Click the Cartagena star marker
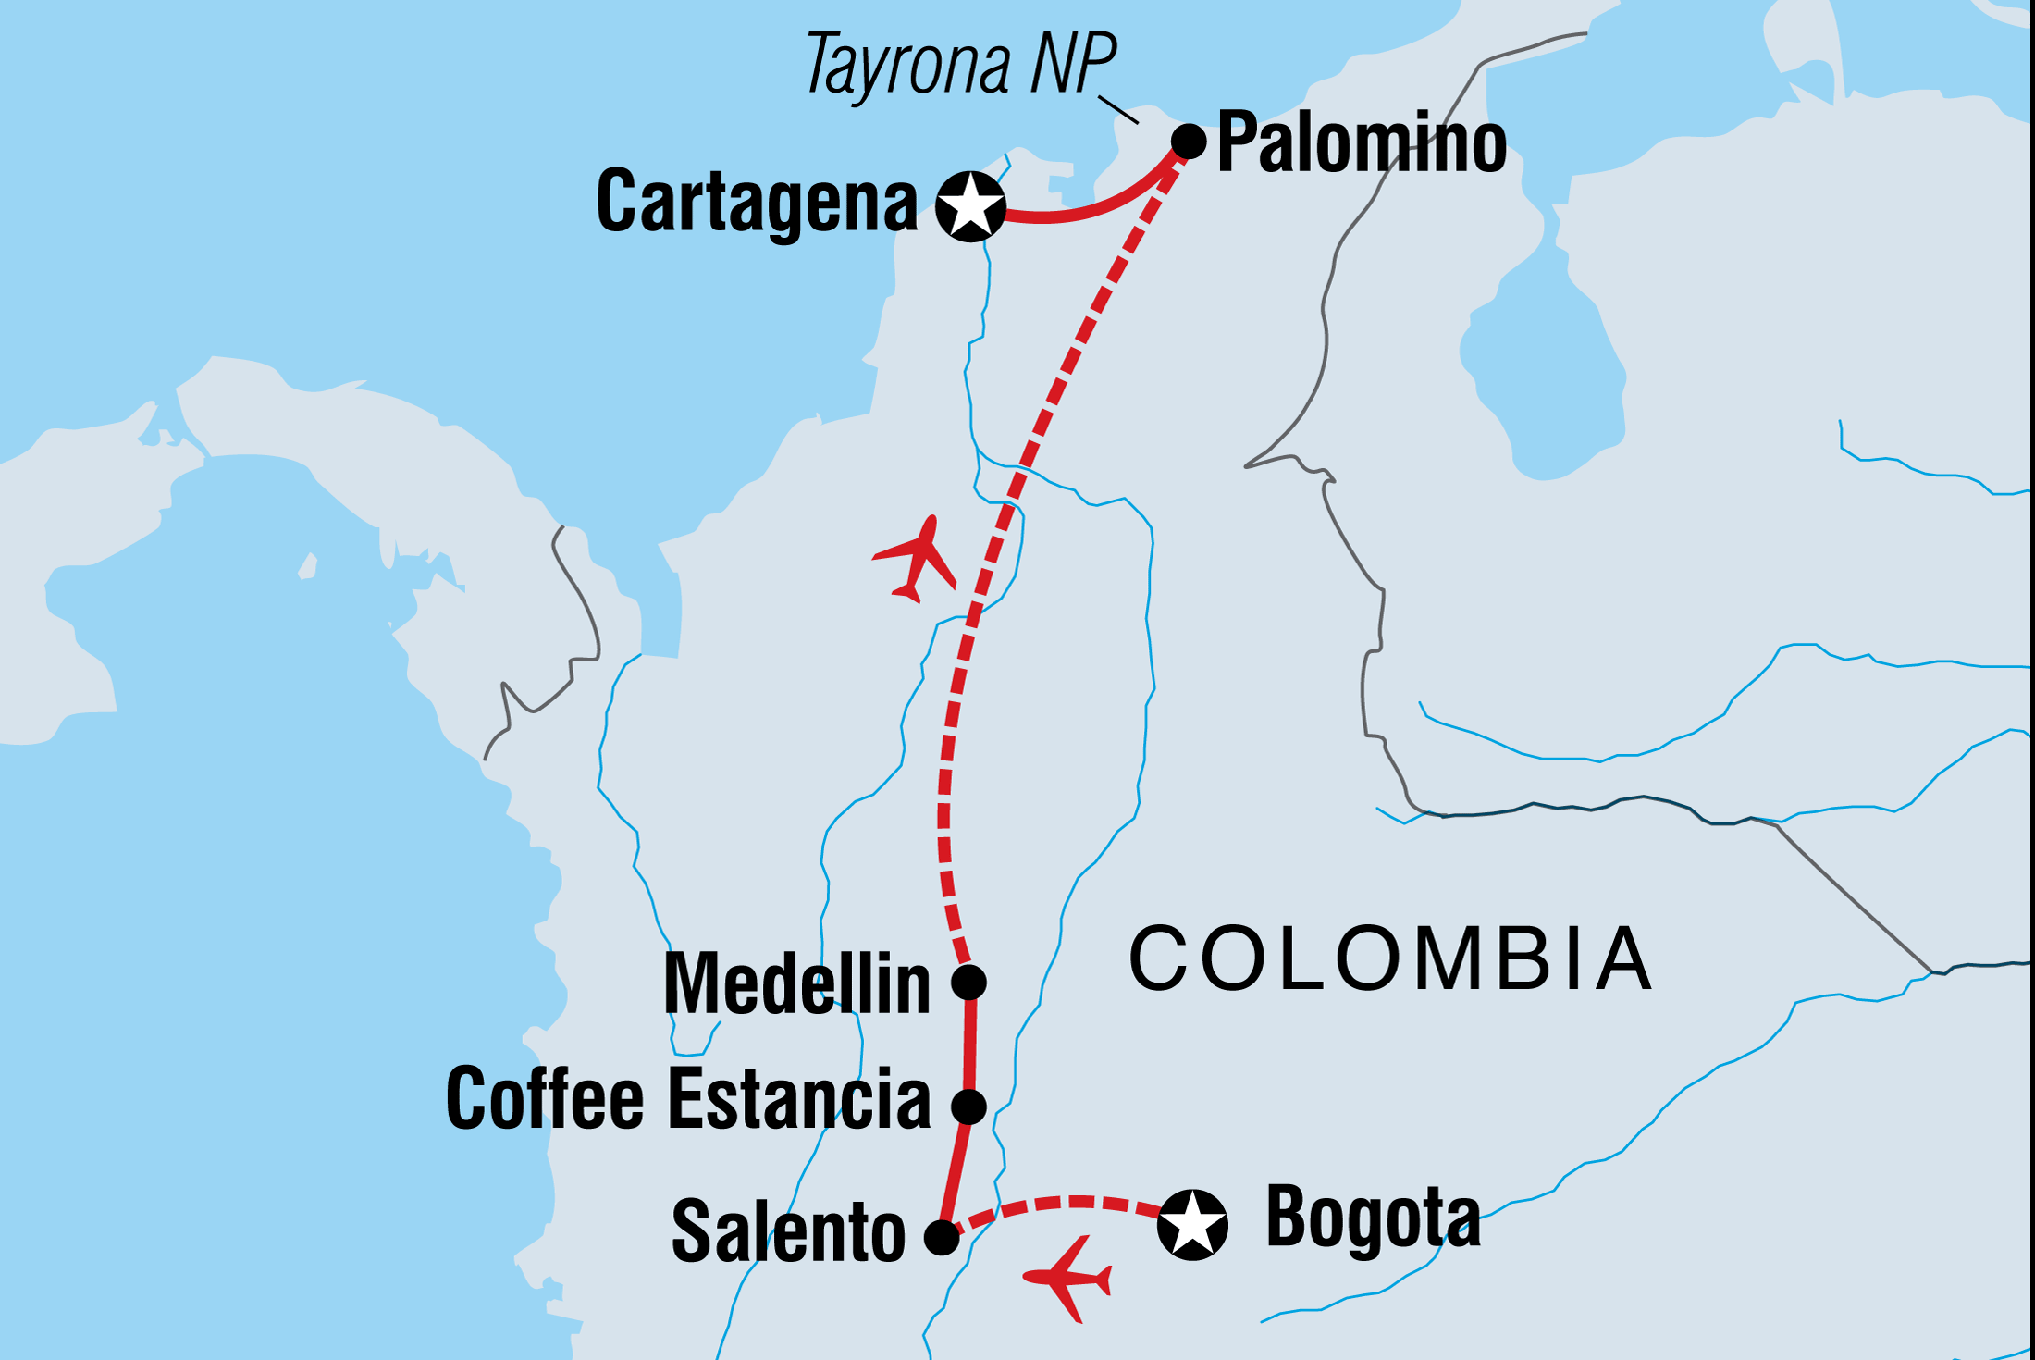970,206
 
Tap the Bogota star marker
1192,1224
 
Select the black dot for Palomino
1189,142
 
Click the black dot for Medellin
969,982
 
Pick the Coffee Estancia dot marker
969,1106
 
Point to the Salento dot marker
942,1237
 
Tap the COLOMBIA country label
1391,959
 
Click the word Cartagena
757,203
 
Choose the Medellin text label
796,984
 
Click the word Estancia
799,1099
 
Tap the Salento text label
788,1232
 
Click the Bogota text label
1373,1218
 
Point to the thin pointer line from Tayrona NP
1118,109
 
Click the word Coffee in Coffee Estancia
544,1099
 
